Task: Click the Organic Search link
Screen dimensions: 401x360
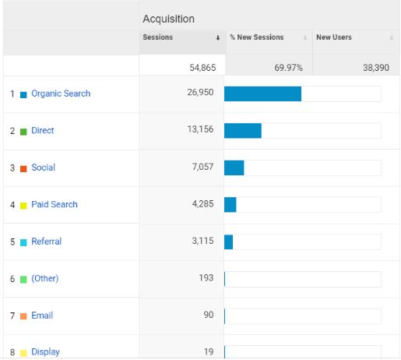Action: click(61, 94)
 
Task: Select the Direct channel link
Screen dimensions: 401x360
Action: click(43, 130)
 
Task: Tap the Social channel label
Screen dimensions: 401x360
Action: click(43, 168)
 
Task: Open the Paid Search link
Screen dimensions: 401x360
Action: click(55, 204)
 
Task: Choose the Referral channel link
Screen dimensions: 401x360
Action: click(46, 242)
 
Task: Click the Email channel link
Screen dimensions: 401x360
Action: click(42, 316)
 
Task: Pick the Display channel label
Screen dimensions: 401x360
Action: click(45, 352)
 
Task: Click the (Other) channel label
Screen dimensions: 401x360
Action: click(45, 278)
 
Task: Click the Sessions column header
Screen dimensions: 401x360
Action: click(157, 37)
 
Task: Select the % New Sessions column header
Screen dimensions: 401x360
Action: click(257, 37)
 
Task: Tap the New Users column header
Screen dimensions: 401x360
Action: click(334, 37)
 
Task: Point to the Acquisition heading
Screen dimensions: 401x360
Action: click(168, 19)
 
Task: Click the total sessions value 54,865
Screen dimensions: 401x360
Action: click(202, 68)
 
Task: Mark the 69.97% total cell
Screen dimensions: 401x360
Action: click(288, 68)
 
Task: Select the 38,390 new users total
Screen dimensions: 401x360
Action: click(376, 68)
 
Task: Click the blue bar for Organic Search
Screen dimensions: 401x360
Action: click(262, 94)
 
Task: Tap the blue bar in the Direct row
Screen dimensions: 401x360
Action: click(243, 131)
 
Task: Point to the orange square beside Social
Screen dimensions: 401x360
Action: click(23, 169)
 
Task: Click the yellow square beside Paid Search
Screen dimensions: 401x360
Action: click(23, 206)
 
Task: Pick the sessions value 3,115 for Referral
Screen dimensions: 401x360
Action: click(202, 241)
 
